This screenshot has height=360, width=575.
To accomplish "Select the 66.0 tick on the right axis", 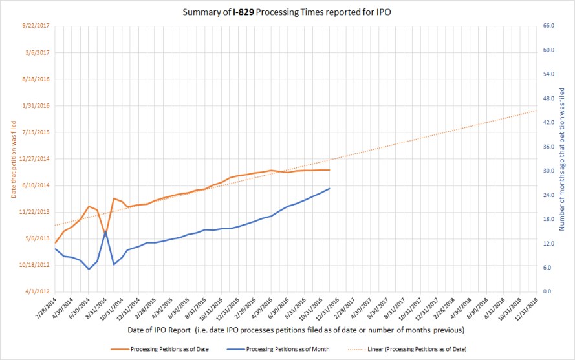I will pos(549,26).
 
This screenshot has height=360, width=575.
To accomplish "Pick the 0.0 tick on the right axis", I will pos(547,291).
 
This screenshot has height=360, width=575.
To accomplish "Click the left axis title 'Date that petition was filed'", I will pos(14,158).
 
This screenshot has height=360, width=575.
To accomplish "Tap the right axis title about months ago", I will pos(562,158).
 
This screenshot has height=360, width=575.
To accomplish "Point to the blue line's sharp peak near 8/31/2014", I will pos(105,231).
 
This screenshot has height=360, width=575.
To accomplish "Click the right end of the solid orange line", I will pos(330,170).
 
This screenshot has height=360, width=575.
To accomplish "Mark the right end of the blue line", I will pos(330,189).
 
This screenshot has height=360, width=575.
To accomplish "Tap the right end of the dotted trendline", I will pos(537,111).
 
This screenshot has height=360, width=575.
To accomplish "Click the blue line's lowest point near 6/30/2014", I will pos(89,269).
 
